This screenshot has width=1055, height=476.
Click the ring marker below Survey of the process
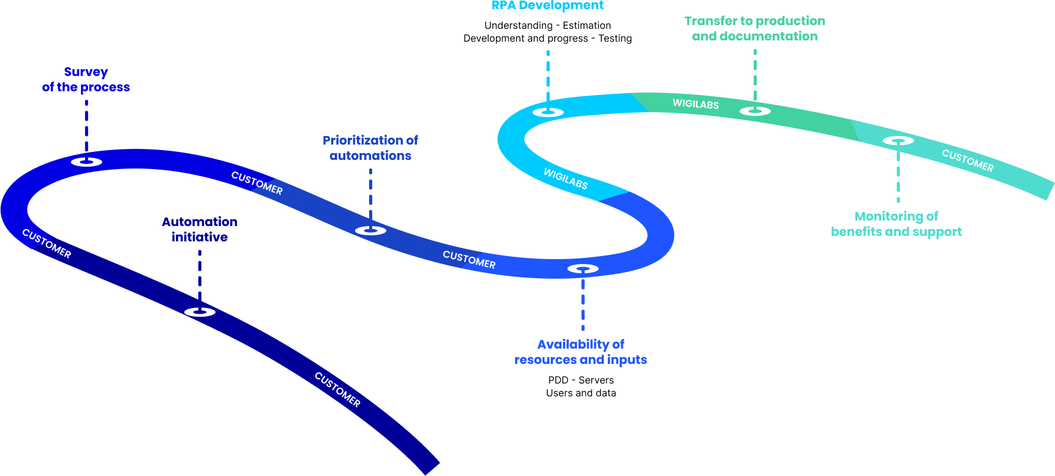[x=86, y=162]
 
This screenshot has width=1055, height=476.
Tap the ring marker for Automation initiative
[x=200, y=312]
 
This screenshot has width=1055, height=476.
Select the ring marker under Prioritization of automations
[x=370, y=230]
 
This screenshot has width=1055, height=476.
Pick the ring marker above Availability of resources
[x=583, y=268]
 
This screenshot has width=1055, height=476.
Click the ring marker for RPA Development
[x=548, y=111]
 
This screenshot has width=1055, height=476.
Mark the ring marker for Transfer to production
[x=755, y=111]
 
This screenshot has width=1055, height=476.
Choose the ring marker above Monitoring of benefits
[x=898, y=140]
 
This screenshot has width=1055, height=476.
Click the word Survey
[x=86, y=72]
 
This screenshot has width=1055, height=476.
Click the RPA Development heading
[x=547, y=6]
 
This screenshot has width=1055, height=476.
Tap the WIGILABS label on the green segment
[x=696, y=104]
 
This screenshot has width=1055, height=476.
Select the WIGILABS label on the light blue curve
[x=566, y=179]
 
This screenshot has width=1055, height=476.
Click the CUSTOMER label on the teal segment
[x=967, y=161]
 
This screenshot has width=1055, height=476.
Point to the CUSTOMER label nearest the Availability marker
[x=469, y=260]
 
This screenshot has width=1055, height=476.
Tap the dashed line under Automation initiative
[x=200, y=276]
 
